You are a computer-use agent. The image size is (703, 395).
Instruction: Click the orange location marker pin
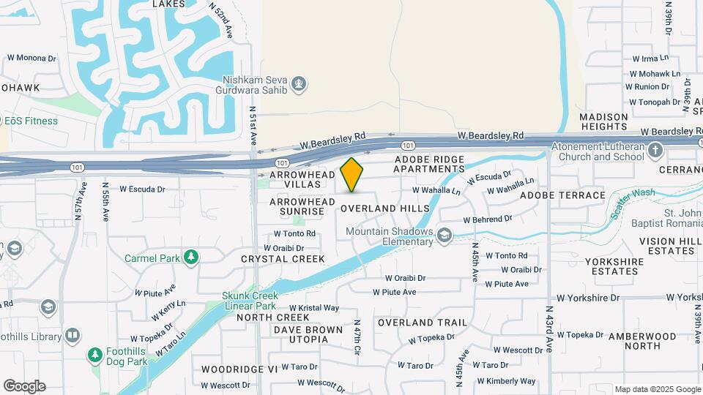pos(352,174)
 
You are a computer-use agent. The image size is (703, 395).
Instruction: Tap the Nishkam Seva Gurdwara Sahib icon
pos(298,84)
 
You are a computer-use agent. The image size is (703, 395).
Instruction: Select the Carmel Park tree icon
pos(191,257)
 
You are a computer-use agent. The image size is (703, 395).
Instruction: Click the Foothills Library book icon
pos(72,336)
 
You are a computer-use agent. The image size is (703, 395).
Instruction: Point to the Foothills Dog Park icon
pos(94,355)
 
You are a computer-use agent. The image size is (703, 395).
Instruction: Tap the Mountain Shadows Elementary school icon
pos(444,236)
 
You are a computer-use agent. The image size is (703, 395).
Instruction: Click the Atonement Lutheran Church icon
pos(655,151)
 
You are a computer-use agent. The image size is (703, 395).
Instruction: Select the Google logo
pos(24,385)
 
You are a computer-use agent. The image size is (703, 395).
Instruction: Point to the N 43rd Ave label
pos(548,328)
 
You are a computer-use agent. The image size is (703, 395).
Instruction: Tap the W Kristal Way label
pos(313,308)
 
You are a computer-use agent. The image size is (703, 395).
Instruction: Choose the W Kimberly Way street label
pos(507,380)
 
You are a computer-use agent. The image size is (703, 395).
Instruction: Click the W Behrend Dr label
pos(487,219)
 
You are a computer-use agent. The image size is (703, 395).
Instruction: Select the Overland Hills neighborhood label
pos(385,208)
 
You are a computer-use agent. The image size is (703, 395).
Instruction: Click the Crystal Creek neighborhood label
pos(283,259)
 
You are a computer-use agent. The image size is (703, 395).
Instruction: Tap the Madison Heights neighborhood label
pos(604,121)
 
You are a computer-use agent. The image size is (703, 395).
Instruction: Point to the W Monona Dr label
pos(31,58)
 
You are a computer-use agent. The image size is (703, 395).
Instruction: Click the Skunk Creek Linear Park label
pos(249,301)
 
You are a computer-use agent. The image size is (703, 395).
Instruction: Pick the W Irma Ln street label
pos(650,58)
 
